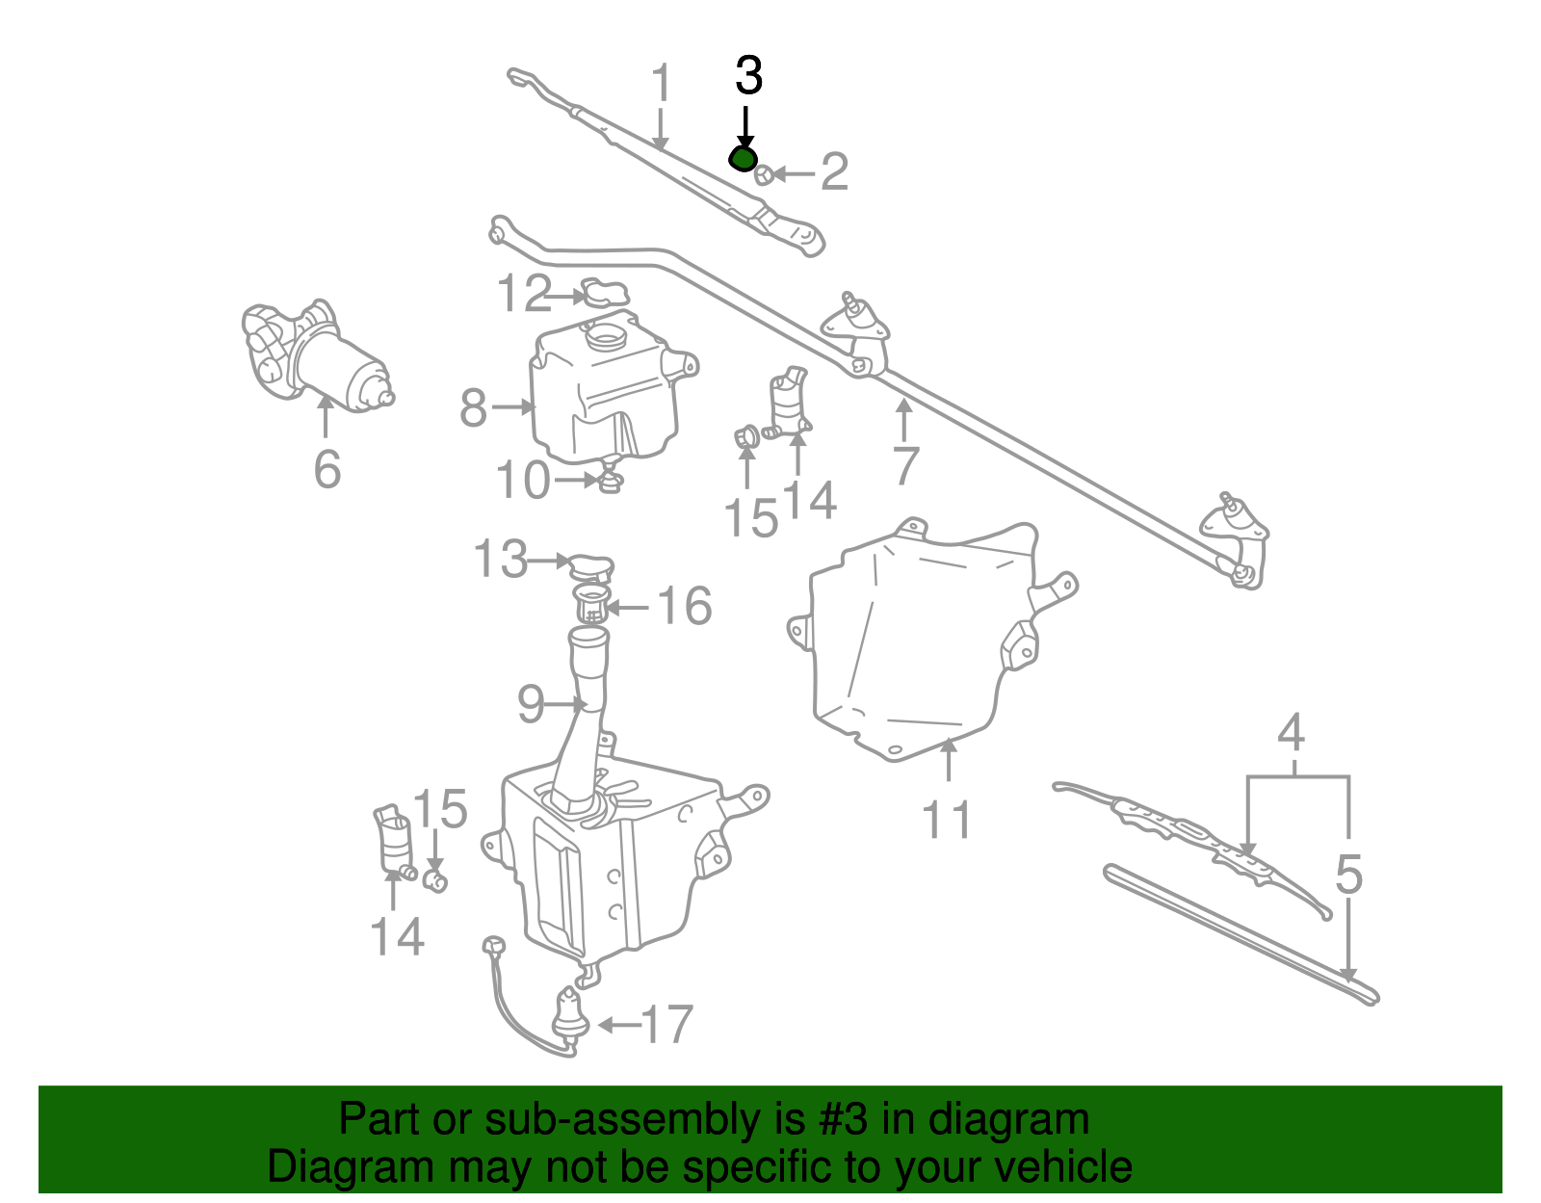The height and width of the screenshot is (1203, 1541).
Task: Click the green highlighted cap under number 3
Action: tap(744, 159)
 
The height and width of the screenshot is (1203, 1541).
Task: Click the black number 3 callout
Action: tap(748, 76)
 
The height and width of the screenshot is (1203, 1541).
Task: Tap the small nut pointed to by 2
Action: tap(762, 174)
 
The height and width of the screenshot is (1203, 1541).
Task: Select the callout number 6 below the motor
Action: tap(327, 469)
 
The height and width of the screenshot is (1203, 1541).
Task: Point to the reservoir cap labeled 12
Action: tap(605, 292)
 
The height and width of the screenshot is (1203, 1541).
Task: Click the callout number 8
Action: tap(473, 407)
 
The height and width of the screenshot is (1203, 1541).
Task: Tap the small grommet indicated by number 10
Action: tap(609, 480)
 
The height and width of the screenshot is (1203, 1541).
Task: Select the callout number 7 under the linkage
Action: tap(905, 466)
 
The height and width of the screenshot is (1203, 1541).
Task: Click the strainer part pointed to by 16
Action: tap(591, 605)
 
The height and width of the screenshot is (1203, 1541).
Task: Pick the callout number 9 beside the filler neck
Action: tap(531, 705)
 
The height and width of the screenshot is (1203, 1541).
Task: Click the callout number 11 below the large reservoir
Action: tap(948, 819)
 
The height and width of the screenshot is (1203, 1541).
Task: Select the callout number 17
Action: tap(666, 1024)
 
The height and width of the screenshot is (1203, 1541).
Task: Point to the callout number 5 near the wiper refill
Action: tap(1349, 875)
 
